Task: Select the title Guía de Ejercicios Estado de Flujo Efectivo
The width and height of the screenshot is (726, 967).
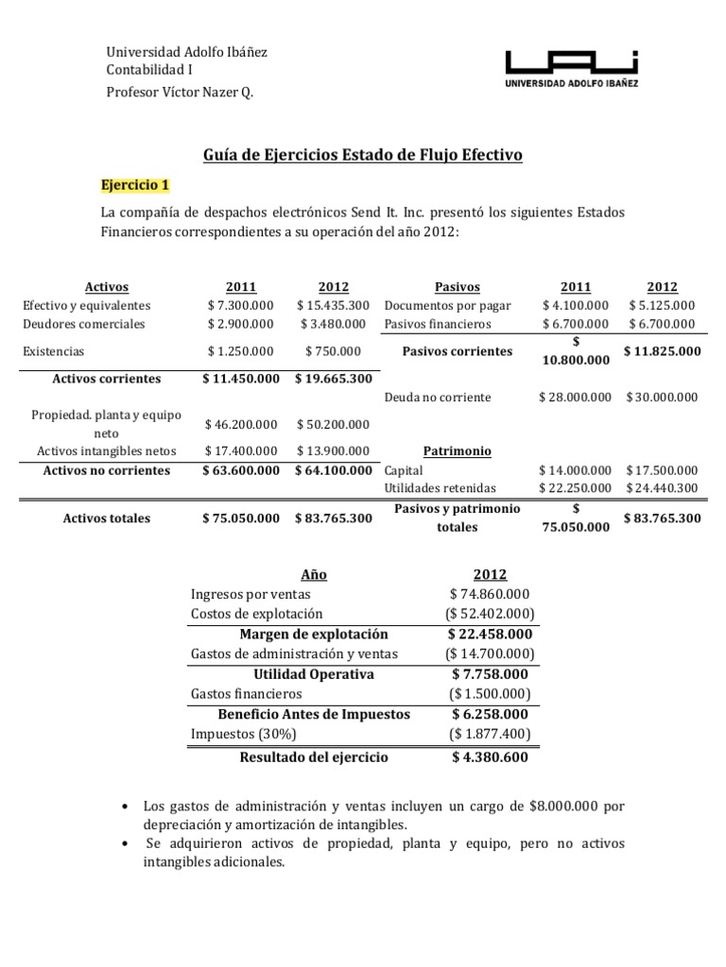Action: coord(363,154)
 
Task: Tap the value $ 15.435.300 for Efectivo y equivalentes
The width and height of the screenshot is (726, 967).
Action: coord(332,305)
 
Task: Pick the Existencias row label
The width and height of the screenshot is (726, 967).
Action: coord(53,350)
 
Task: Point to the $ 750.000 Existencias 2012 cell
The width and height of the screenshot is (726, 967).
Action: coord(333,350)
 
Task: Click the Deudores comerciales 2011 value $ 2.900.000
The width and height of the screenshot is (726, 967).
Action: coord(240,324)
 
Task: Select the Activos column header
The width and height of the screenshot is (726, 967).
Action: coord(106,287)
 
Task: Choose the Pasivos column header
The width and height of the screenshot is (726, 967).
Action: coord(457,287)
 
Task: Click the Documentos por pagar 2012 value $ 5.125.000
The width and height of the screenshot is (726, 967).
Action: coord(662,305)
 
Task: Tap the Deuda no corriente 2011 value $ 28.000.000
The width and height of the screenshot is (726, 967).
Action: coord(575,398)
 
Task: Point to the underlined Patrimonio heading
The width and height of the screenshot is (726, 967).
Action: coord(457,451)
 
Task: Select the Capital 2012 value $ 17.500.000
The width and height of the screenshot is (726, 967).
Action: coord(662,469)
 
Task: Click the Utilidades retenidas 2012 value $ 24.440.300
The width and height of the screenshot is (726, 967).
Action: coord(662,487)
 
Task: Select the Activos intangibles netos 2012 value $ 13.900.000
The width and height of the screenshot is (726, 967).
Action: coord(333,451)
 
